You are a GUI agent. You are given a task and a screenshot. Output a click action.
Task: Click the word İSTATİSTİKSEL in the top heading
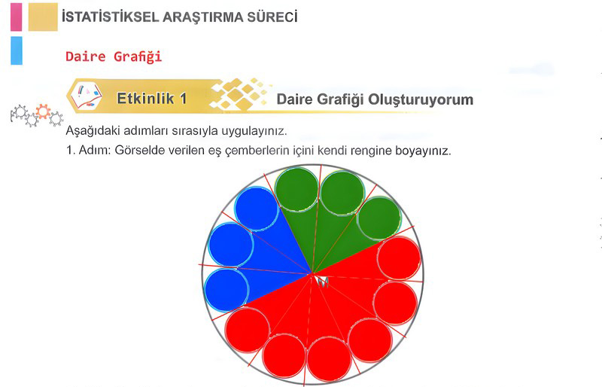(x=110, y=17)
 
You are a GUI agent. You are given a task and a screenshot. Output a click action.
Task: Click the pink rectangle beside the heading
(x=16, y=17)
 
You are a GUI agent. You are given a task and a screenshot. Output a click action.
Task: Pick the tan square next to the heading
(x=43, y=17)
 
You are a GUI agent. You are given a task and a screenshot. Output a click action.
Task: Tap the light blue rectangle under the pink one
(x=17, y=50)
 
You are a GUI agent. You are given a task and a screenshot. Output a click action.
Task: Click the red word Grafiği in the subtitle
(x=138, y=57)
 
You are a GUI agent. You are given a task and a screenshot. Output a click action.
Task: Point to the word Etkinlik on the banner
(x=145, y=99)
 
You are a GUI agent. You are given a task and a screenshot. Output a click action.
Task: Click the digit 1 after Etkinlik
(x=183, y=99)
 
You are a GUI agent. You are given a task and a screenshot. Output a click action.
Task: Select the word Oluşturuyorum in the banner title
(x=421, y=99)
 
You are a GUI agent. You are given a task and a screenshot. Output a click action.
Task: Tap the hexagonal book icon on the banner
(x=86, y=95)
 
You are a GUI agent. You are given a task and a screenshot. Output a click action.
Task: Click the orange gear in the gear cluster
(x=43, y=111)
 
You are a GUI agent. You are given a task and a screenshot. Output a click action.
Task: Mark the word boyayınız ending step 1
(x=424, y=151)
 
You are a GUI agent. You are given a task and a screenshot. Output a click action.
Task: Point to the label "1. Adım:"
(x=88, y=150)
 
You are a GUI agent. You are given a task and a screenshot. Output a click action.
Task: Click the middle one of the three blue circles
(x=231, y=245)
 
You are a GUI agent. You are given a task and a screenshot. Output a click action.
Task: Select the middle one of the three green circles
(x=342, y=193)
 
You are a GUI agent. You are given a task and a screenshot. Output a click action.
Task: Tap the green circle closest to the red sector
(x=379, y=218)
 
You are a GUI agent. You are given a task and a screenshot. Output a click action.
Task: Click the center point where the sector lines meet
(x=312, y=273)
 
